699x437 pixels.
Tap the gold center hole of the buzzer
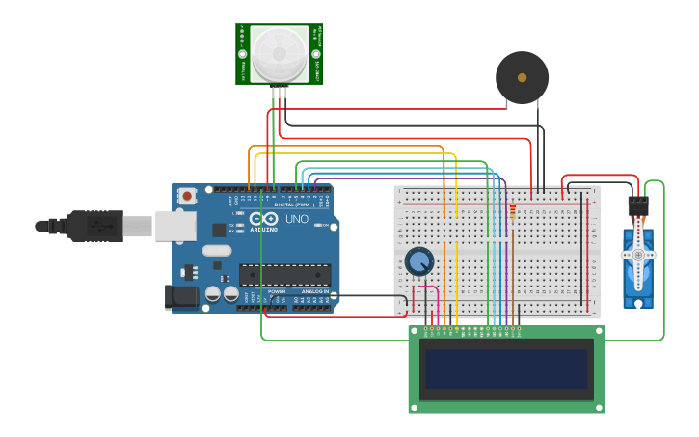coord(522,77)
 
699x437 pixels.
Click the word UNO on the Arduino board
coord(297,219)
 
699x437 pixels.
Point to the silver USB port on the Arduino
coord(175,226)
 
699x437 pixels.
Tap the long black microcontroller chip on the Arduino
coord(284,274)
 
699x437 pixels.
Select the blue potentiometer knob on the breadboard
coord(419,261)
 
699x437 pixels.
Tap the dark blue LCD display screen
coord(506,369)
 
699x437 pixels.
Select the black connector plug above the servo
coord(637,205)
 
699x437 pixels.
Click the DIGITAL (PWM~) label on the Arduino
coord(293,205)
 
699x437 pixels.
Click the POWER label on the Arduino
coord(277,290)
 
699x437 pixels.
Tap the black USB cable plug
coord(95,226)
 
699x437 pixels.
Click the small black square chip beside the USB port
coord(219,230)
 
